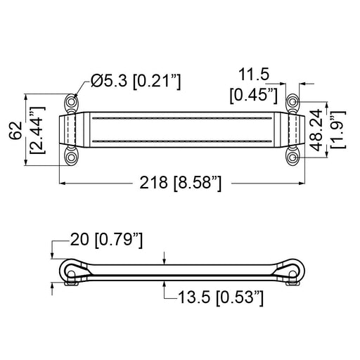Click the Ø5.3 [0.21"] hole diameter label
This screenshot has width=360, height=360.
pyautogui.click(x=136, y=81)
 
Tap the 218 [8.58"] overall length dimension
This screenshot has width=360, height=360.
pyautogui.click(x=180, y=183)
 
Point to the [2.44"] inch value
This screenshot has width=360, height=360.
pyautogui.click(x=37, y=130)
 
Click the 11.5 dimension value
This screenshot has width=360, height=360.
pyautogui.click(x=254, y=75)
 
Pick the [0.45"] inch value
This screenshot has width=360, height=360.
pyautogui.click(x=254, y=95)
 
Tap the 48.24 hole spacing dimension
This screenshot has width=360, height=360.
pyautogui.click(x=316, y=130)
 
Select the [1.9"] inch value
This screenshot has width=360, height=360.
pyautogui.click(x=337, y=129)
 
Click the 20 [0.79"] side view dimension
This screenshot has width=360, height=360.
pyautogui.click(x=106, y=240)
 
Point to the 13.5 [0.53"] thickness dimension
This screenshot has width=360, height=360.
pyautogui.click(x=221, y=297)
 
